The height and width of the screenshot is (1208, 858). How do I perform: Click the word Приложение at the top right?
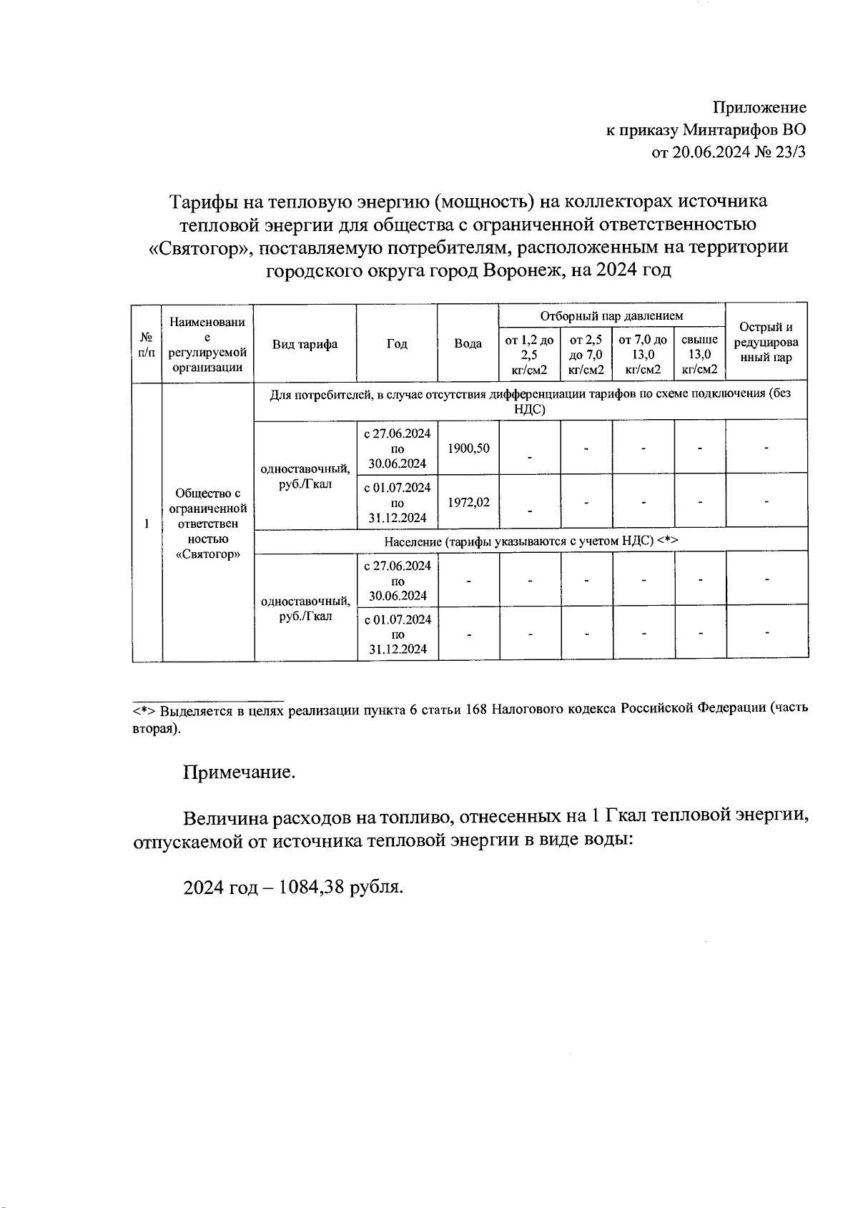pyautogui.click(x=759, y=108)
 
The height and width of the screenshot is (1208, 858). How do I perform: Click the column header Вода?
pyautogui.click(x=468, y=344)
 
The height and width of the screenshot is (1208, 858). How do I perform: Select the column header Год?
pyautogui.click(x=397, y=344)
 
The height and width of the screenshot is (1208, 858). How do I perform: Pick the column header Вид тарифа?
pyautogui.click(x=305, y=344)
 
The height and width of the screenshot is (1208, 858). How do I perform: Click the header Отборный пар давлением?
pyautogui.click(x=611, y=315)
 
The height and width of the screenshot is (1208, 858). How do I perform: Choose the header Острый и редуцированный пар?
pyautogui.click(x=766, y=343)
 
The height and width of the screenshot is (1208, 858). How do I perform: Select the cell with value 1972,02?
pyautogui.click(x=468, y=502)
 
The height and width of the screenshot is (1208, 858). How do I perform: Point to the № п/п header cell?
pyautogui.click(x=147, y=344)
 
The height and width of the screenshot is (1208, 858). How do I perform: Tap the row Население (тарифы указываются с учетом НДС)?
pyautogui.click(x=531, y=541)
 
